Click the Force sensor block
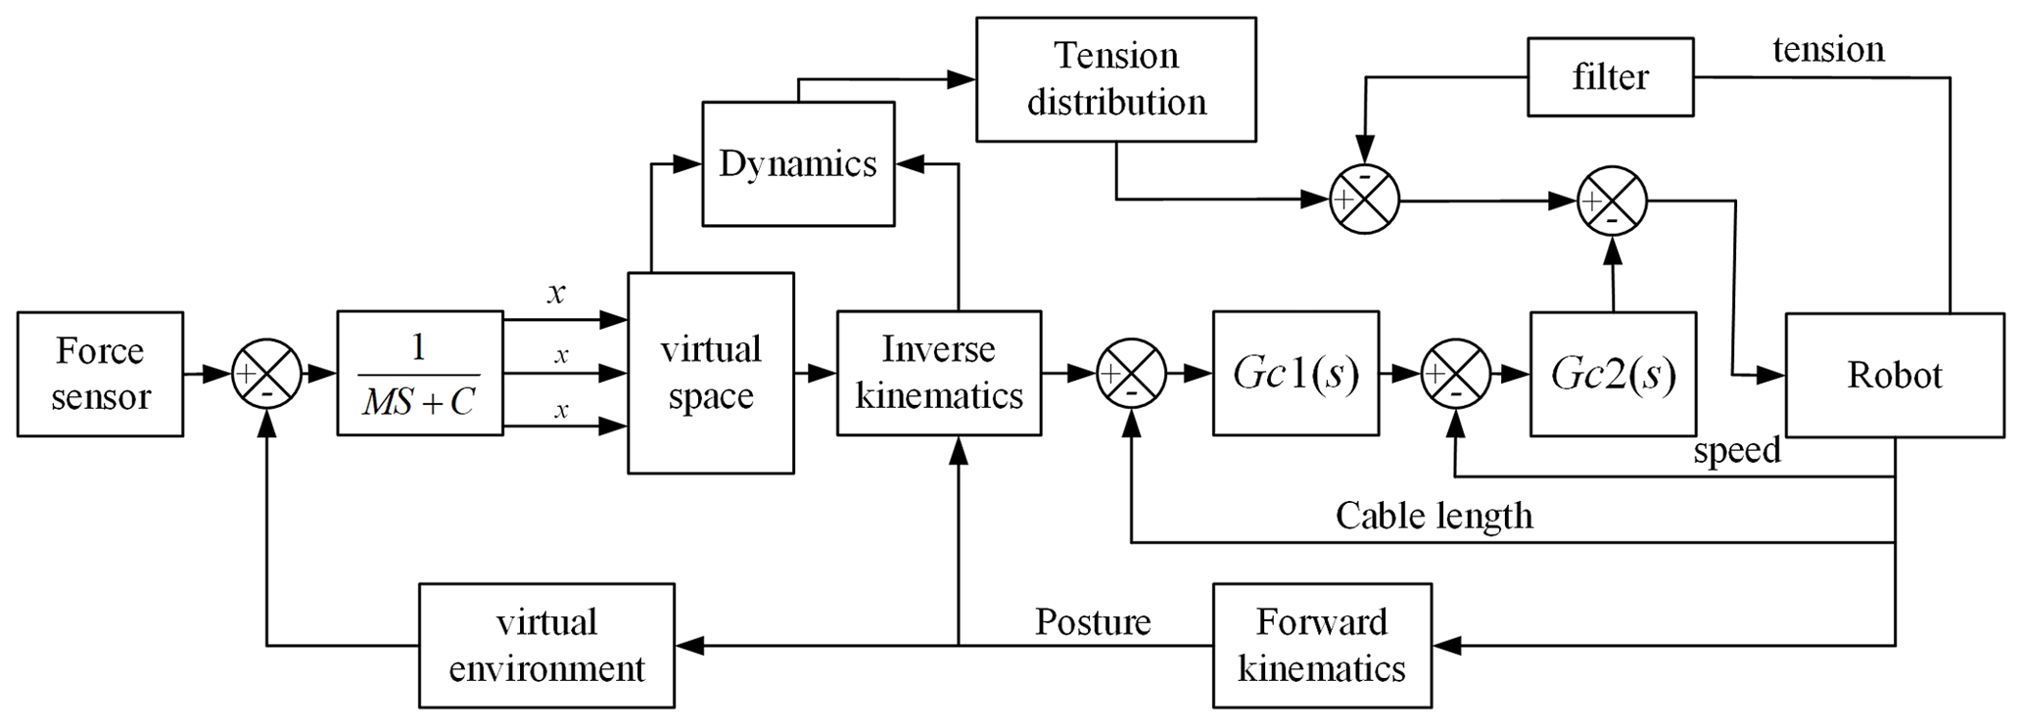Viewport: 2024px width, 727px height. point(100,374)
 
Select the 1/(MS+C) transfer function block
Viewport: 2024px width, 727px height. point(419,373)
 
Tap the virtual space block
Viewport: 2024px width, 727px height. point(710,373)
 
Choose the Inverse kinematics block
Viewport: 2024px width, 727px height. point(938,373)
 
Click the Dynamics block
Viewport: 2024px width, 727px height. point(798,163)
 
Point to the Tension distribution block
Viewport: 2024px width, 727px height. point(1115,79)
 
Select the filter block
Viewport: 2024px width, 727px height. point(1610,77)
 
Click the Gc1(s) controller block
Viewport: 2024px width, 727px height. point(1295,373)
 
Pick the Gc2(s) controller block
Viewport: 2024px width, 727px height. point(1613,373)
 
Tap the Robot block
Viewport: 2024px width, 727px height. point(1894,375)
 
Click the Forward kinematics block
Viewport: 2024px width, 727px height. point(1321,645)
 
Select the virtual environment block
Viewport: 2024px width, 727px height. point(546,645)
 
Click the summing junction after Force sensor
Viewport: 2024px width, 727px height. point(266,373)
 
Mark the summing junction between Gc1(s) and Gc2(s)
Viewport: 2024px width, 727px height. point(1455,373)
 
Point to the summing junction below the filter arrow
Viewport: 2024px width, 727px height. point(1365,200)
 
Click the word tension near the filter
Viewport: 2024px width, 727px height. point(1828,50)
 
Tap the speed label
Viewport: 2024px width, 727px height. point(1736,451)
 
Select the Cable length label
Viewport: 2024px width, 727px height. point(1434,516)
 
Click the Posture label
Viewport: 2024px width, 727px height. point(1093,622)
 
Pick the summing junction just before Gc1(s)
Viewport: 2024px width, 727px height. point(1131,373)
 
